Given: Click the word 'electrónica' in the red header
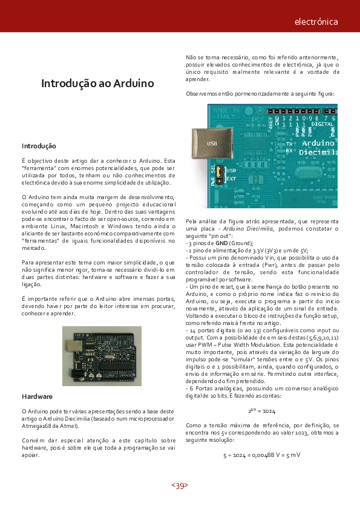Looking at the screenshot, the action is pyautogui.click(x=316, y=22).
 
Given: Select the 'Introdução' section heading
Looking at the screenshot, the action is pyautogui.click(x=39, y=146).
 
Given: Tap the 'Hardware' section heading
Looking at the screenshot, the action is pyautogui.click(x=37, y=396).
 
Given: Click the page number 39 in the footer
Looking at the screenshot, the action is pyautogui.click(x=180, y=485).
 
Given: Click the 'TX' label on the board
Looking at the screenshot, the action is pyautogui.click(x=289, y=143).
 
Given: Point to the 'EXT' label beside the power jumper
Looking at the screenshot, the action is pyautogui.click(x=231, y=179).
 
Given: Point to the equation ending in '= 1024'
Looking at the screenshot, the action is pyautogui.click(x=261, y=410).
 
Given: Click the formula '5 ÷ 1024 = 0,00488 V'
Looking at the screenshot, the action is pyautogui.click(x=262, y=455).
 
